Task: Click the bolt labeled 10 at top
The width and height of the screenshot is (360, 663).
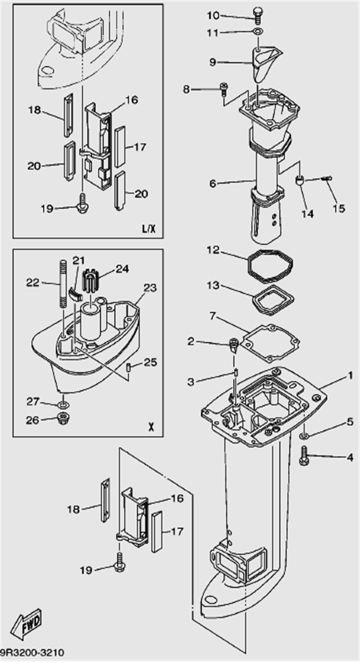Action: [257, 13]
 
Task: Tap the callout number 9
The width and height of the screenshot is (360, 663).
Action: [213, 61]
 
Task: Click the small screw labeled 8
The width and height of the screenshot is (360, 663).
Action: [224, 88]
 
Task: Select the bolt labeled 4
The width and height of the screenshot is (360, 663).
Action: [304, 456]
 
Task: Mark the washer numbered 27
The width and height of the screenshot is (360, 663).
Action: [63, 402]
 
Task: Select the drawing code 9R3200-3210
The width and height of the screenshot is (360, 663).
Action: [32, 653]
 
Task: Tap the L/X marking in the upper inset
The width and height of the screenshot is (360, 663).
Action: [149, 229]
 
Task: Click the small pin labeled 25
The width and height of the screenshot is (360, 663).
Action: [130, 366]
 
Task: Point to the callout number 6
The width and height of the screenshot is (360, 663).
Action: [213, 183]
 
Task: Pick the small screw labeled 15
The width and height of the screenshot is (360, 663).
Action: [327, 179]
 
